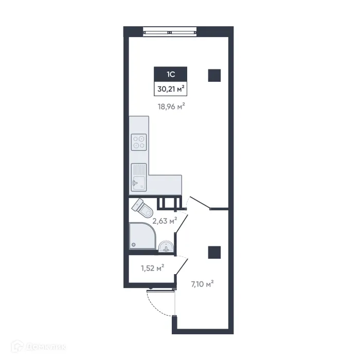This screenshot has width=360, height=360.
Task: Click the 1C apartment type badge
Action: click(170, 75)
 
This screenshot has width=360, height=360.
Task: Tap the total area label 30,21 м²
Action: click(170, 89)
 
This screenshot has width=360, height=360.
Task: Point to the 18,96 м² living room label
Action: click(171, 107)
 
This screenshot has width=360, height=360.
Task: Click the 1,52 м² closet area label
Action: click(152, 267)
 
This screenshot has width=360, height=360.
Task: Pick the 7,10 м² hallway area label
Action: click(201, 283)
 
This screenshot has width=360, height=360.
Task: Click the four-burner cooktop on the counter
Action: click(139, 141)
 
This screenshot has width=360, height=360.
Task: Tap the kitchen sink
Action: click(138, 175)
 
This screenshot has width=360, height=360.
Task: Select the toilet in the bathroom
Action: click(142, 207)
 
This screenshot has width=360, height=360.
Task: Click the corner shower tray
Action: click(141, 236)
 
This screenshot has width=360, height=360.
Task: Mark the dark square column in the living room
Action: click(214, 76)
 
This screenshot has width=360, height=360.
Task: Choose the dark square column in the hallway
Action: click(214, 252)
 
